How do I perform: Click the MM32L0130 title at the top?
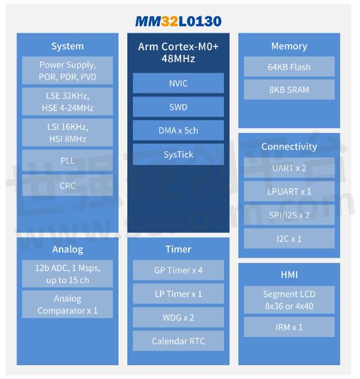tap(178, 21)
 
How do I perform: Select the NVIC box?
tap(178, 83)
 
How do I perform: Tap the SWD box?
tap(178, 107)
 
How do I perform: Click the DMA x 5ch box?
tap(178, 131)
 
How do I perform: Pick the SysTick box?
tap(178, 154)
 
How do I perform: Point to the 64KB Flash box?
tap(289, 67)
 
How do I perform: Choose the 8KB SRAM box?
tap(289, 90)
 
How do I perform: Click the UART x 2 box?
tap(289, 168)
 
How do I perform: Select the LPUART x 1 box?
tap(289, 191)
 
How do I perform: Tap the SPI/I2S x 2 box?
tap(289, 215)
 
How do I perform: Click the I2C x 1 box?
tap(289, 239)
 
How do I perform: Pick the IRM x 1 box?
tap(289, 327)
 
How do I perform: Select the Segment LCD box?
tap(289, 300)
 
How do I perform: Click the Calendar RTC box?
tap(178, 341)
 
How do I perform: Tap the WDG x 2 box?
tap(178, 318)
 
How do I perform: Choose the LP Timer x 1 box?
tap(178, 294)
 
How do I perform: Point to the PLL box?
tap(67, 161)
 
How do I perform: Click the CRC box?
tap(67, 185)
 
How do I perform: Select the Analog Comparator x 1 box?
tap(67, 304)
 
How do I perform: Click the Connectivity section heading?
tap(289, 146)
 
